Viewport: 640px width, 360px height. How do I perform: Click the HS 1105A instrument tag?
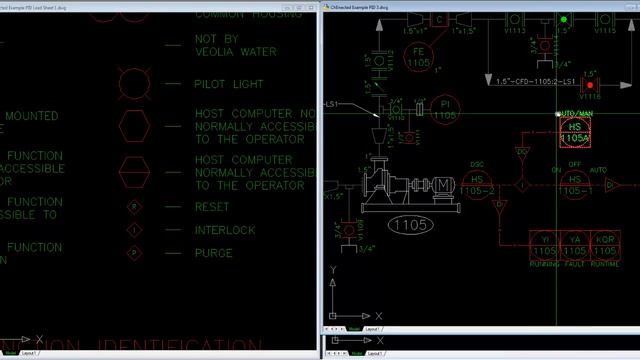click(x=574, y=133)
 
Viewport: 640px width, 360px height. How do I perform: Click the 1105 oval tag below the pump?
click(x=412, y=224)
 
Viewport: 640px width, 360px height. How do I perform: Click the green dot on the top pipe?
click(x=564, y=19)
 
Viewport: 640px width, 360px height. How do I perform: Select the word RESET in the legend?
click(x=211, y=207)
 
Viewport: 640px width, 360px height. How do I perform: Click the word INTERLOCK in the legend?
click(x=225, y=230)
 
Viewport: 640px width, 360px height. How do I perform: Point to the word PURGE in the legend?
click(x=213, y=253)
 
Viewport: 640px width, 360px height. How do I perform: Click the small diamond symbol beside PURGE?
click(x=134, y=253)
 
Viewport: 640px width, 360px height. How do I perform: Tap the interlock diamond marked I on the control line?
click(x=520, y=185)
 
